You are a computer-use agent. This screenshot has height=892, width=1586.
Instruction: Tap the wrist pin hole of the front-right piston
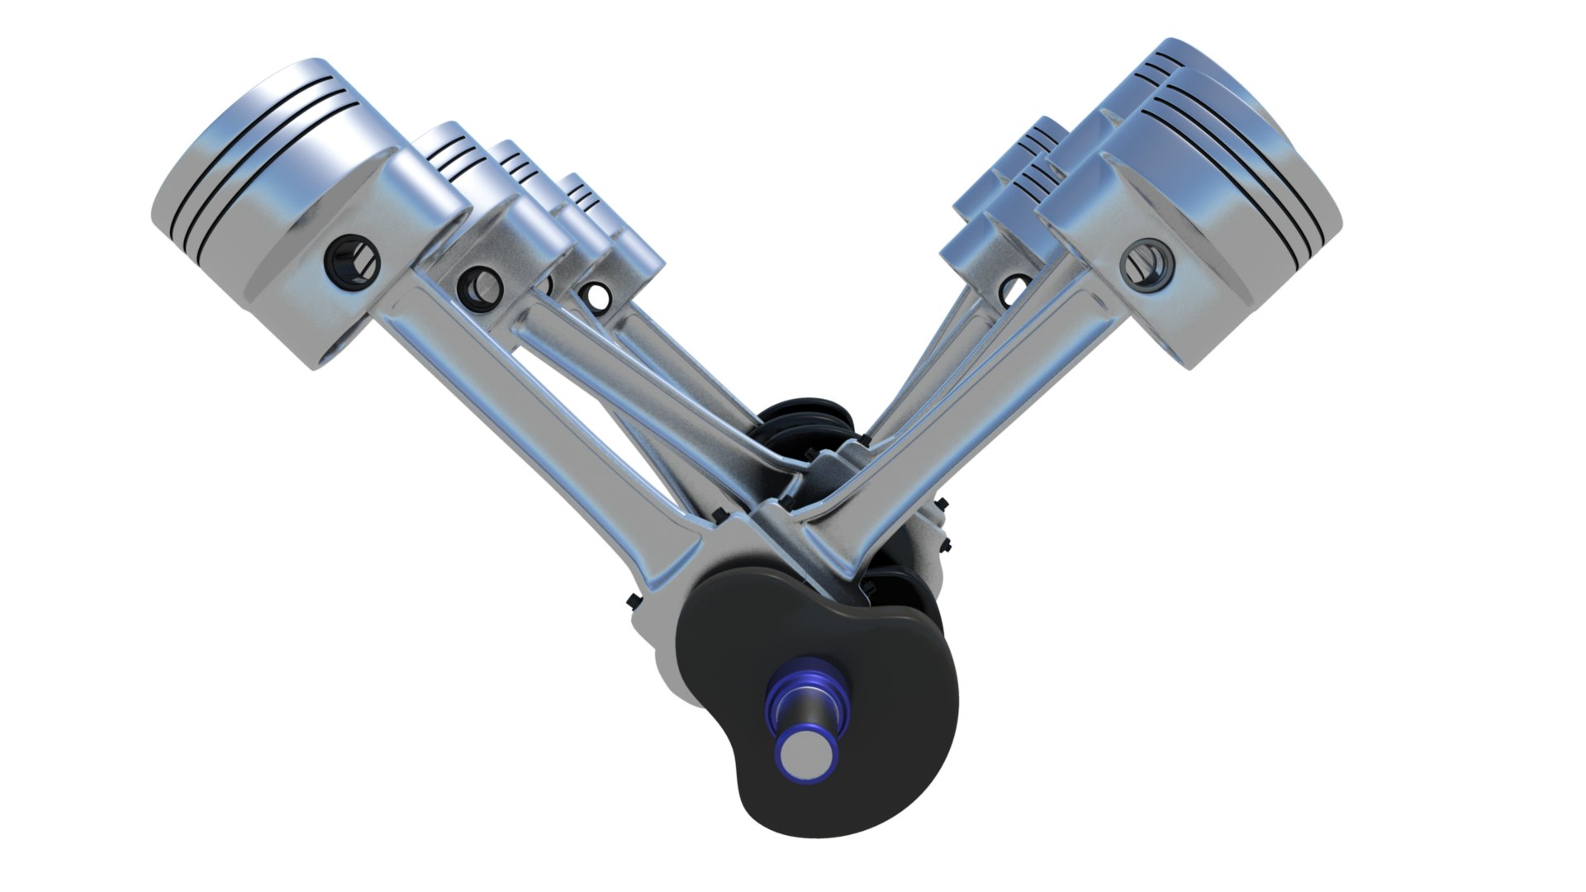point(1147,263)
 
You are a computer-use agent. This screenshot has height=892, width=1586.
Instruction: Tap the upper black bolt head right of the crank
point(942,503)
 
